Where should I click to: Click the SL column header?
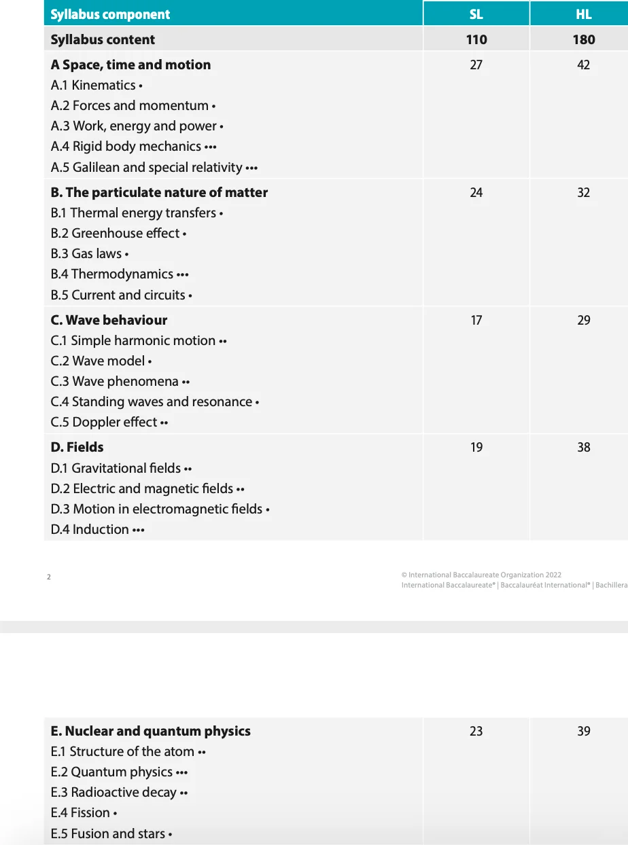point(476,14)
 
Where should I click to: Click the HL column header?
point(583,14)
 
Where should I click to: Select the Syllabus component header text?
point(110,14)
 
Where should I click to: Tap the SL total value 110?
point(476,39)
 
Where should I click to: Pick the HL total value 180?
point(583,39)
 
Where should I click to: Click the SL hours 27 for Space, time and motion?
point(476,65)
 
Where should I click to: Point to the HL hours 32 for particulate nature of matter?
point(583,192)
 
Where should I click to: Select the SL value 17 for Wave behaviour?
point(476,320)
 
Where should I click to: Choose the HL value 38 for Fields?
point(583,447)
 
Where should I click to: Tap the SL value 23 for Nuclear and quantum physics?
point(476,731)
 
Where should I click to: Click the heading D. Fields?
point(77,447)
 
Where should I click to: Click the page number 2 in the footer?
point(49,577)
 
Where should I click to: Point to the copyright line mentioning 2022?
point(481,575)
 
